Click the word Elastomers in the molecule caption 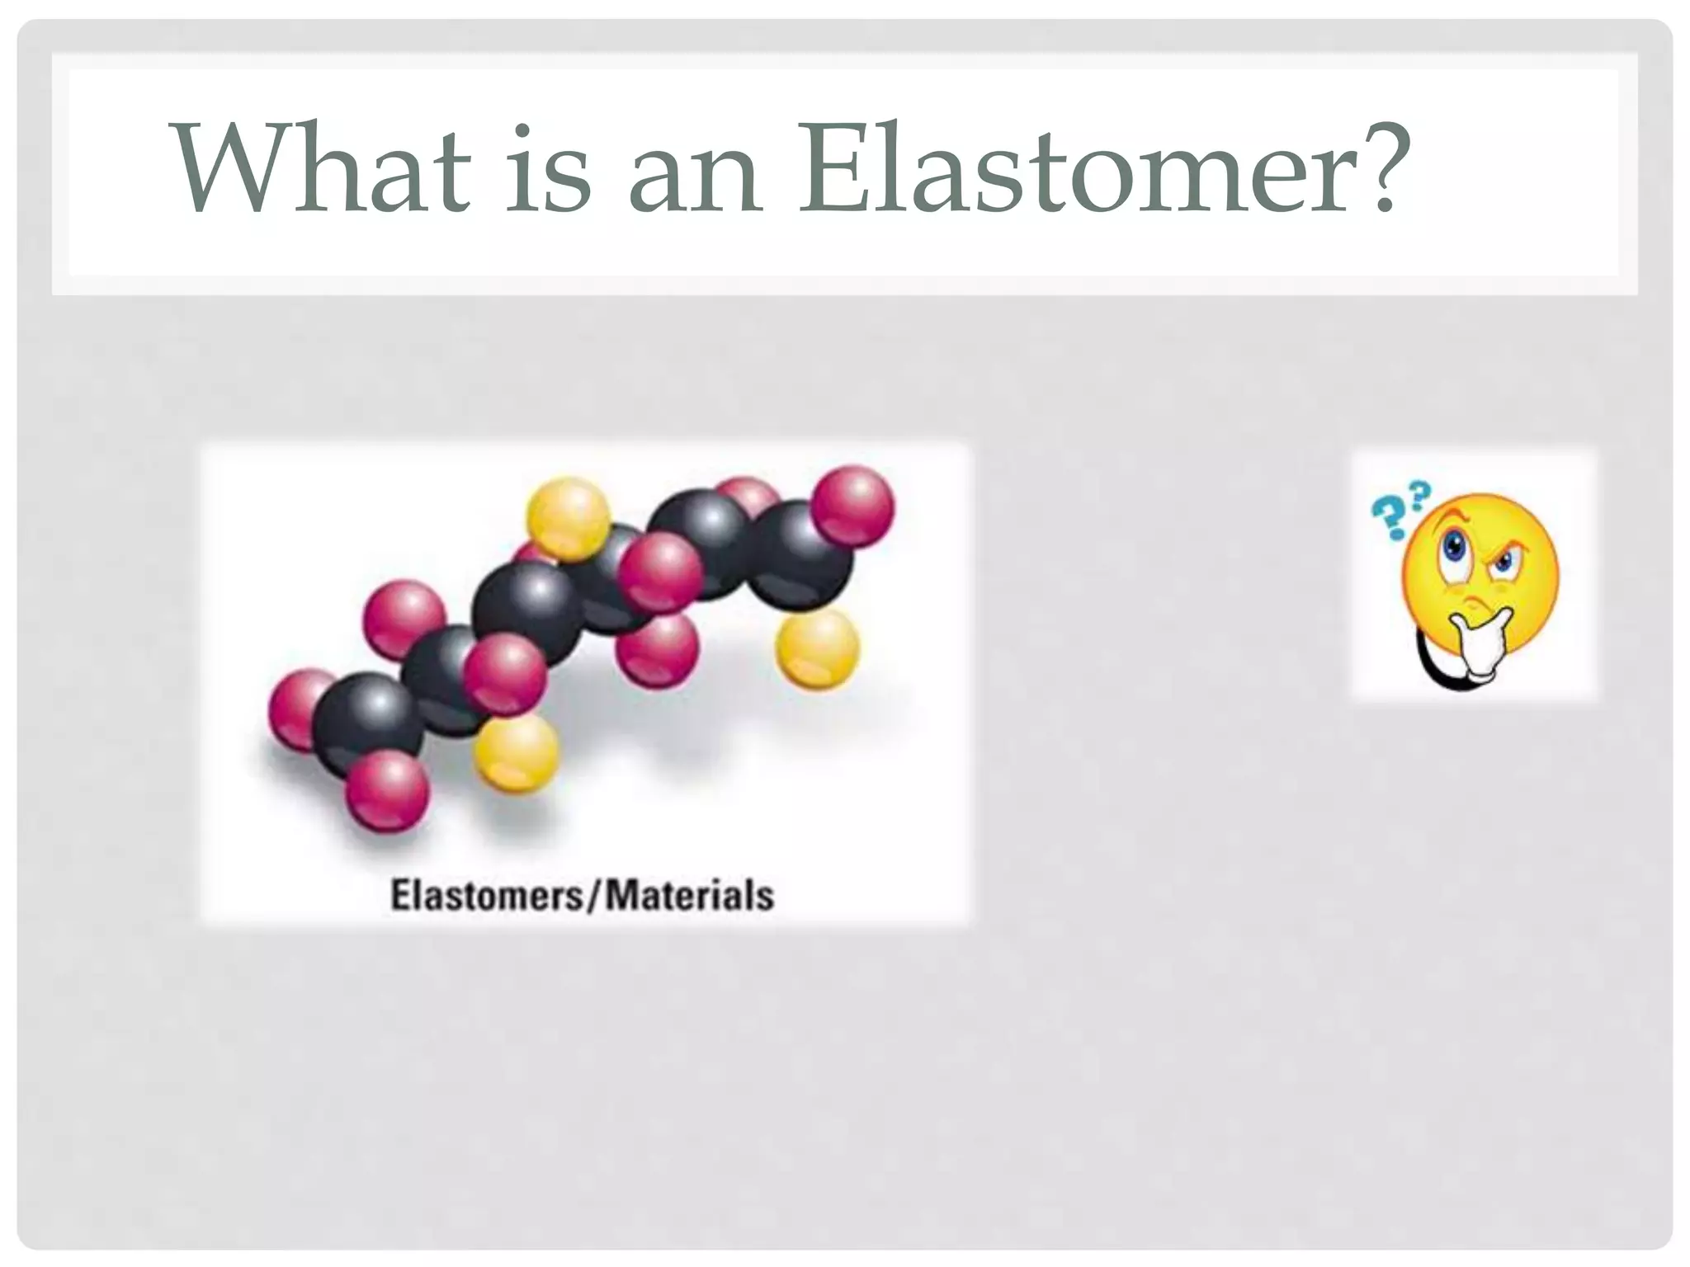pyautogui.click(x=486, y=895)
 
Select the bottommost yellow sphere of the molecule pyautogui.click(x=517, y=752)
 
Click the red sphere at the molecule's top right pyautogui.click(x=852, y=506)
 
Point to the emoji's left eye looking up pyautogui.click(x=1451, y=547)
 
